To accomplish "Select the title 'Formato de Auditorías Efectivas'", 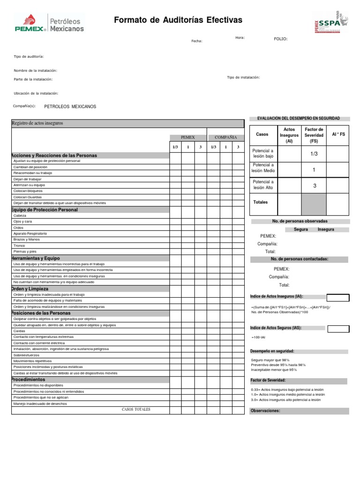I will pyautogui.click(x=178, y=20).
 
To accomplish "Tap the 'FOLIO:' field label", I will pyautogui.click(x=281, y=39).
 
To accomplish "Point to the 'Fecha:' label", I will pyautogui.click(x=196, y=41).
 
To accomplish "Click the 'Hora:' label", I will pyautogui.click(x=240, y=37).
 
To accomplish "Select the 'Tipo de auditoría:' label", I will pyautogui.click(x=29, y=56).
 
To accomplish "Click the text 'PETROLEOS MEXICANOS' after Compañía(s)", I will pyautogui.click(x=70, y=106).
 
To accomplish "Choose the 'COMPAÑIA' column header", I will pyautogui.click(x=225, y=137).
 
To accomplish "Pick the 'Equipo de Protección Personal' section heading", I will pyautogui.click(x=45, y=210).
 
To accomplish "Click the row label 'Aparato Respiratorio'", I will pyautogui.click(x=30, y=233).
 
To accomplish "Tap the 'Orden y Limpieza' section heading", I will pyautogui.click(x=30, y=289).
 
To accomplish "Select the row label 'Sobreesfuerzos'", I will pyautogui.click(x=27, y=355).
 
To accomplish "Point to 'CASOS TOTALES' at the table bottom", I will pyautogui.click(x=136, y=410).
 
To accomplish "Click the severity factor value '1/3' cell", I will pyautogui.click(x=314, y=153).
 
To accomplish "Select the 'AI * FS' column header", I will pyautogui.click(x=338, y=135).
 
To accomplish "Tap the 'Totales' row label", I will pyautogui.click(x=260, y=202).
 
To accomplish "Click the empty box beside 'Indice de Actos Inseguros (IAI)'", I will pyautogui.click(x=337, y=298).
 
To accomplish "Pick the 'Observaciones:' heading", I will pyautogui.click(x=265, y=411).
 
